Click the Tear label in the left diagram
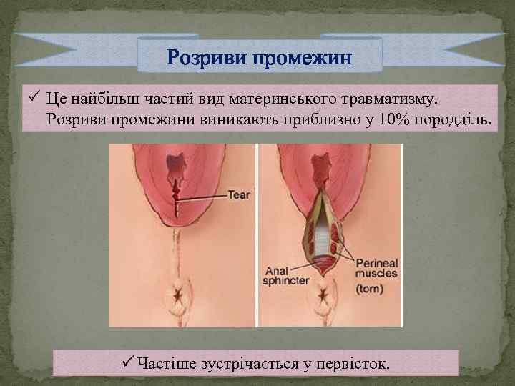point(238,194)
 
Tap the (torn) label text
point(371,289)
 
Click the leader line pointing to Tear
point(204,195)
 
